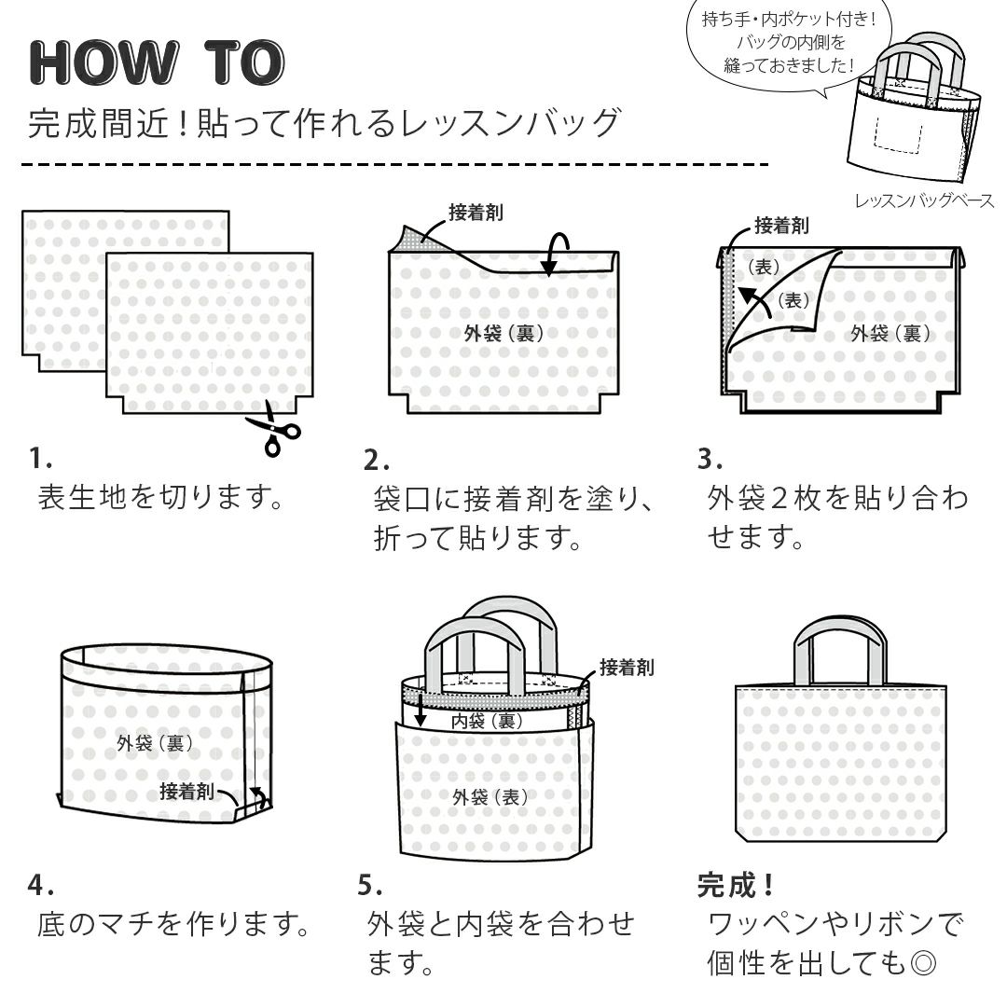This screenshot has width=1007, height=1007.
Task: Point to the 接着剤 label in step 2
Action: (476, 213)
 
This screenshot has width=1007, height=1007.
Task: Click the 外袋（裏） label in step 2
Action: (504, 333)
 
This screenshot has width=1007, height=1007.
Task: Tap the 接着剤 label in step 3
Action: (781, 225)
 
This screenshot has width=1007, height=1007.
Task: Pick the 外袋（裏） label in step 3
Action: (890, 333)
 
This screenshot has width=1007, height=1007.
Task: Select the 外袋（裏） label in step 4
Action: (155, 743)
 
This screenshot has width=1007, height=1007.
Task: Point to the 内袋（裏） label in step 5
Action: (486, 721)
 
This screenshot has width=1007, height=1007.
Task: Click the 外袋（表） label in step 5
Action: (490, 796)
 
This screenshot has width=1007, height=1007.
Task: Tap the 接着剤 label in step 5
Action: (626, 668)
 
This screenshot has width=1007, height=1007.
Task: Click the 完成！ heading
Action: (736, 885)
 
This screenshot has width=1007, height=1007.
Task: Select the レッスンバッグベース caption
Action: (923, 200)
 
